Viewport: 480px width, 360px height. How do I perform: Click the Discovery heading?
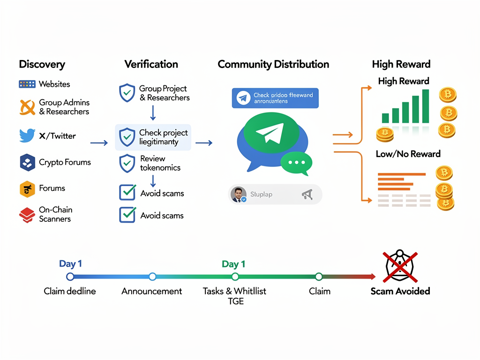[x=42, y=64]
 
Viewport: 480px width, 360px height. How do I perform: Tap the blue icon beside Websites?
[x=27, y=84]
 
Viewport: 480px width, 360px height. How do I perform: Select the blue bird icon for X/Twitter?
[x=27, y=136]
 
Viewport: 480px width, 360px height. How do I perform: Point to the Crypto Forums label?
[x=65, y=162]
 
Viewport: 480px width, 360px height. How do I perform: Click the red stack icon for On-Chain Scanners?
[x=27, y=215]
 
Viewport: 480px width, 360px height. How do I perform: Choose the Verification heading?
[x=151, y=64]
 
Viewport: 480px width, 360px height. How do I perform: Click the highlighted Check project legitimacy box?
[x=153, y=137]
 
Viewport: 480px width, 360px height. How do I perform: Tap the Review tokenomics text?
[x=160, y=163]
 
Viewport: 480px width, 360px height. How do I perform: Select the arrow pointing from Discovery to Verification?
[x=98, y=142]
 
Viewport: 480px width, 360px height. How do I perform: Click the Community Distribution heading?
[x=273, y=64]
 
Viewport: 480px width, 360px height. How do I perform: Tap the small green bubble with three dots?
[x=296, y=162]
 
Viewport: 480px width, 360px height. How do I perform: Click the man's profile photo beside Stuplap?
[x=239, y=194]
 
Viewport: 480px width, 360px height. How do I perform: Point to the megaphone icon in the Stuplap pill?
[x=307, y=195]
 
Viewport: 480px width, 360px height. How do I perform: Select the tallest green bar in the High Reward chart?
[x=425, y=106]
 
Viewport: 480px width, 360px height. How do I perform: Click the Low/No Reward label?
[x=408, y=154]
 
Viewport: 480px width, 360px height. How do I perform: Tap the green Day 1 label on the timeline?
[x=233, y=264]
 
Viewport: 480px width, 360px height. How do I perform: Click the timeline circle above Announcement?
[x=152, y=277]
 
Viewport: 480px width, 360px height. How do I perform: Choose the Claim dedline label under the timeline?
[x=70, y=291]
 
